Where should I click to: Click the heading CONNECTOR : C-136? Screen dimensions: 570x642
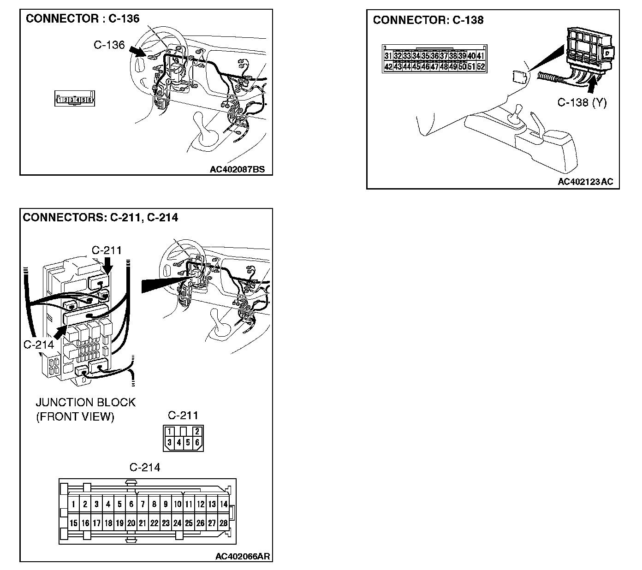(82, 19)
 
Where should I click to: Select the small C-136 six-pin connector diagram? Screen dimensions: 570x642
(74, 99)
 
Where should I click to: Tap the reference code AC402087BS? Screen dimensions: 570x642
(237, 169)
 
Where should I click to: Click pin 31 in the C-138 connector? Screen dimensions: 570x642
(388, 56)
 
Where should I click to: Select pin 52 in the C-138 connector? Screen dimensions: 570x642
(481, 67)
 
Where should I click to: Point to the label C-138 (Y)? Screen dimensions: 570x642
(582, 102)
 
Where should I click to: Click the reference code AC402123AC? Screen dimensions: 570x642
(585, 182)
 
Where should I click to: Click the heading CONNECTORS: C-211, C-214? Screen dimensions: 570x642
(100, 217)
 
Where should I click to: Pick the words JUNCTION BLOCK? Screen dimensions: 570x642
(86, 402)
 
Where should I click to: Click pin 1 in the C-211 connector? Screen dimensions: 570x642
(170, 432)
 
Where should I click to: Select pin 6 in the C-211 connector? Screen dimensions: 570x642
(197, 442)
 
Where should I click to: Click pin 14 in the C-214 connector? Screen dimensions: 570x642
(223, 504)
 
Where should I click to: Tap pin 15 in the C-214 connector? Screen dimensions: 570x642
(73, 523)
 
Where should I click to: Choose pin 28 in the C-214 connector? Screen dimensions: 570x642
(223, 523)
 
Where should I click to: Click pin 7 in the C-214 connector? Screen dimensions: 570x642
(143, 504)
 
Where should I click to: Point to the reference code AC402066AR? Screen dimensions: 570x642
(243, 556)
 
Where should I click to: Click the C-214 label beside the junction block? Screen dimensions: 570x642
(39, 344)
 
